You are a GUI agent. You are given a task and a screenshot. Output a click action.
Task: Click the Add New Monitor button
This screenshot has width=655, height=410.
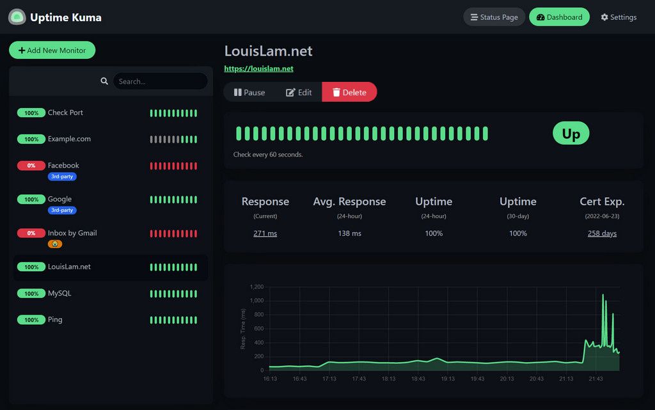52,51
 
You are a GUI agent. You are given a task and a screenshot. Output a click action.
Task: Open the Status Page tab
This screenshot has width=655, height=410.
494,17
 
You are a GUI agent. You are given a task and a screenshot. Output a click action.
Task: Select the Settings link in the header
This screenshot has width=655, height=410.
619,17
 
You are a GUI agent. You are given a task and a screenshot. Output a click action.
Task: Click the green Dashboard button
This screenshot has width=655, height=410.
559,17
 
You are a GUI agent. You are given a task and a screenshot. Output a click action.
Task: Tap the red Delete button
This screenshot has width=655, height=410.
349,92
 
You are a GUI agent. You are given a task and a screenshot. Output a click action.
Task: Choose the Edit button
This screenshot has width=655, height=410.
299,92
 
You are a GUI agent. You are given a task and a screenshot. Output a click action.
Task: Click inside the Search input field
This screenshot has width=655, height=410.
160,81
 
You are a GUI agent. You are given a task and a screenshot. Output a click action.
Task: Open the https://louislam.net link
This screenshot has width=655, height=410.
258,68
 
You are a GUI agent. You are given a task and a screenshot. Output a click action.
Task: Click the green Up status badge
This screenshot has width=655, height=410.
571,133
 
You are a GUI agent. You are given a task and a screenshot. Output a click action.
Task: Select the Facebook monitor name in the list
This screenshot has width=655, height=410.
63,165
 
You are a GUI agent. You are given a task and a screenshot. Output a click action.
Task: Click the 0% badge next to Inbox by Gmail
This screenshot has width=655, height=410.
31,233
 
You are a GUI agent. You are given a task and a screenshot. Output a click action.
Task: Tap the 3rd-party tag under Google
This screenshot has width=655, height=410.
62,210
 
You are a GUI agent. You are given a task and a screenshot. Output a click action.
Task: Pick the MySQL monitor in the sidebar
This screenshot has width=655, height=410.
59,294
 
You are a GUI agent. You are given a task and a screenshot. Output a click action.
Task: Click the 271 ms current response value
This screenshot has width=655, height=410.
265,233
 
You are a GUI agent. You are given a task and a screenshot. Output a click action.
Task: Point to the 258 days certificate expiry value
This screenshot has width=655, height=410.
602,233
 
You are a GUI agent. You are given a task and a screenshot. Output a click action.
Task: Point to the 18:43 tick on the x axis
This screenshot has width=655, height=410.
418,379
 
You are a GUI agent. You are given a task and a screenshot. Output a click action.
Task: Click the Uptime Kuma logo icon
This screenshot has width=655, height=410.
17,17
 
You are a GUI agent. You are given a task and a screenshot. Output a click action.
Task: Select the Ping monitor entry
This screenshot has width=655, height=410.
55,320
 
